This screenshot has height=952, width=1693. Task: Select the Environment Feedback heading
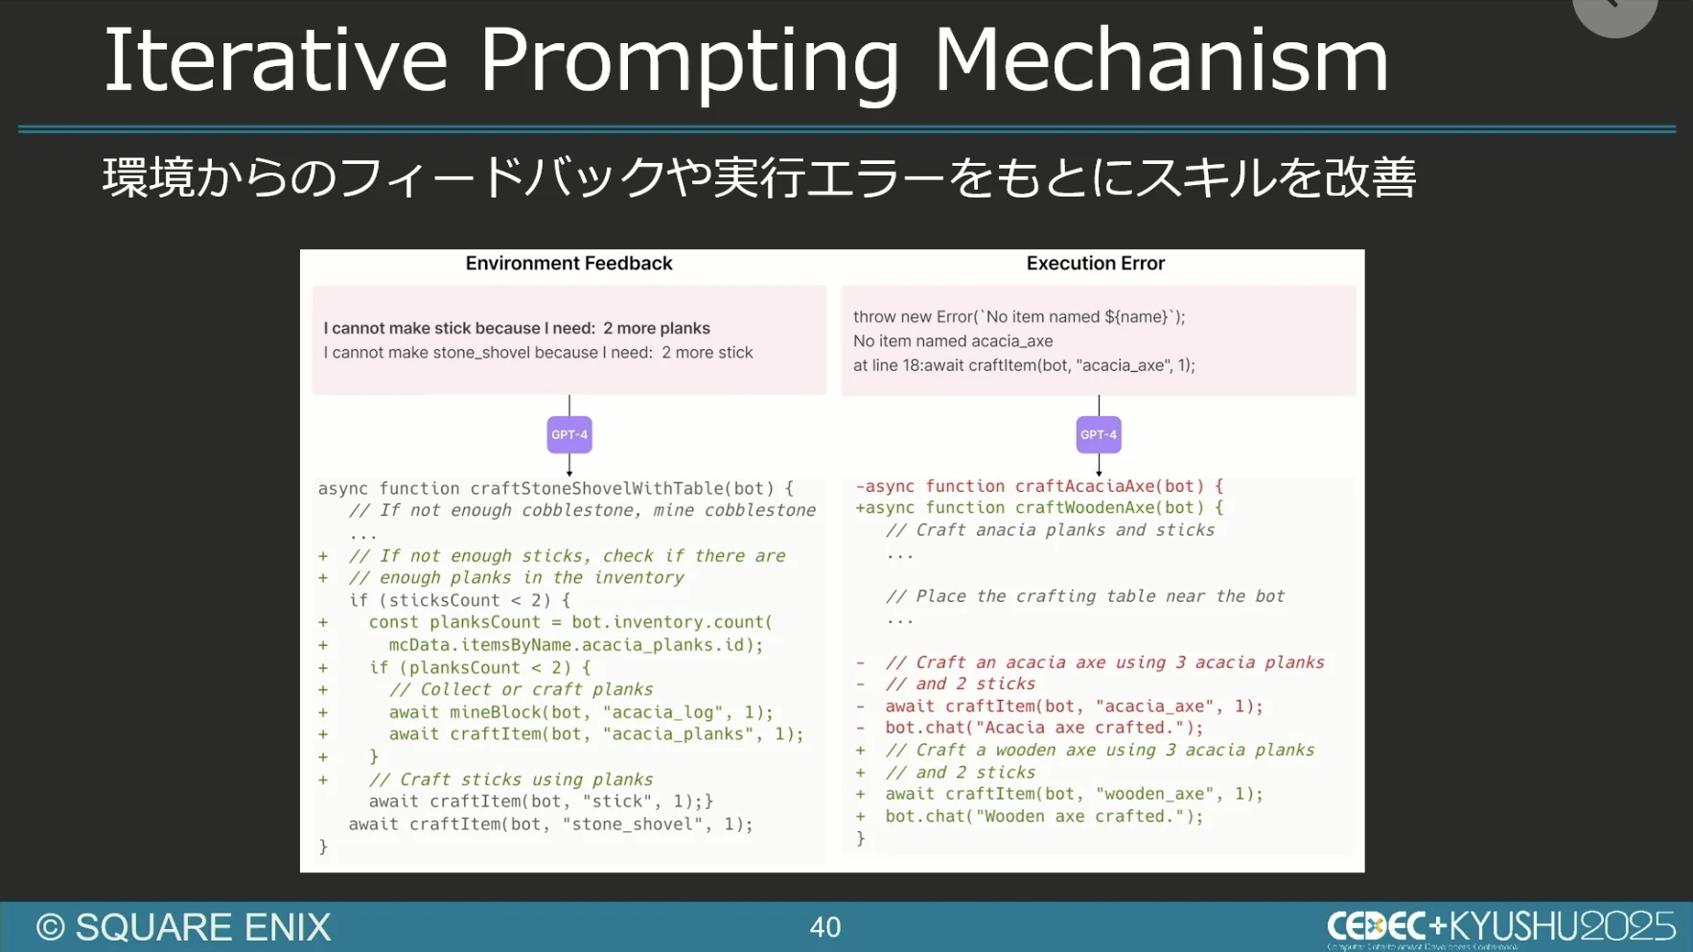coord(568,263)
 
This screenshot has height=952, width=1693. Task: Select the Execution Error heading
coord(1096,263)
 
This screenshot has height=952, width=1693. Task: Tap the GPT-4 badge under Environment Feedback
coord(569,434)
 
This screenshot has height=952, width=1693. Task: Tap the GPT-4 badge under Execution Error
coord(1099,434)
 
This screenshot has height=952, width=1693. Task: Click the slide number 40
coord(825,927)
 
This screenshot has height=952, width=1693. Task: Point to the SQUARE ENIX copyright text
coord(184,927)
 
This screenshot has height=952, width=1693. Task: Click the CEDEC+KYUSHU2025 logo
coord(1501,927)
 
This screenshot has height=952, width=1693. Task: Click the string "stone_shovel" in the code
coord(633,824)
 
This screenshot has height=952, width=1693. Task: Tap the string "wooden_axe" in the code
coord(1155,794)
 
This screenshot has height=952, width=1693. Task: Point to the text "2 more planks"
coord(657,328)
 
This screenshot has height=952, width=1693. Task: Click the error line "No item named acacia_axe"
coord(953,341)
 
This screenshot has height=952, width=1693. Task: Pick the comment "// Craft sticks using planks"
coord(511,779)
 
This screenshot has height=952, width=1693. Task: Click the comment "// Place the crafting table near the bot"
coord(1085,596)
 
